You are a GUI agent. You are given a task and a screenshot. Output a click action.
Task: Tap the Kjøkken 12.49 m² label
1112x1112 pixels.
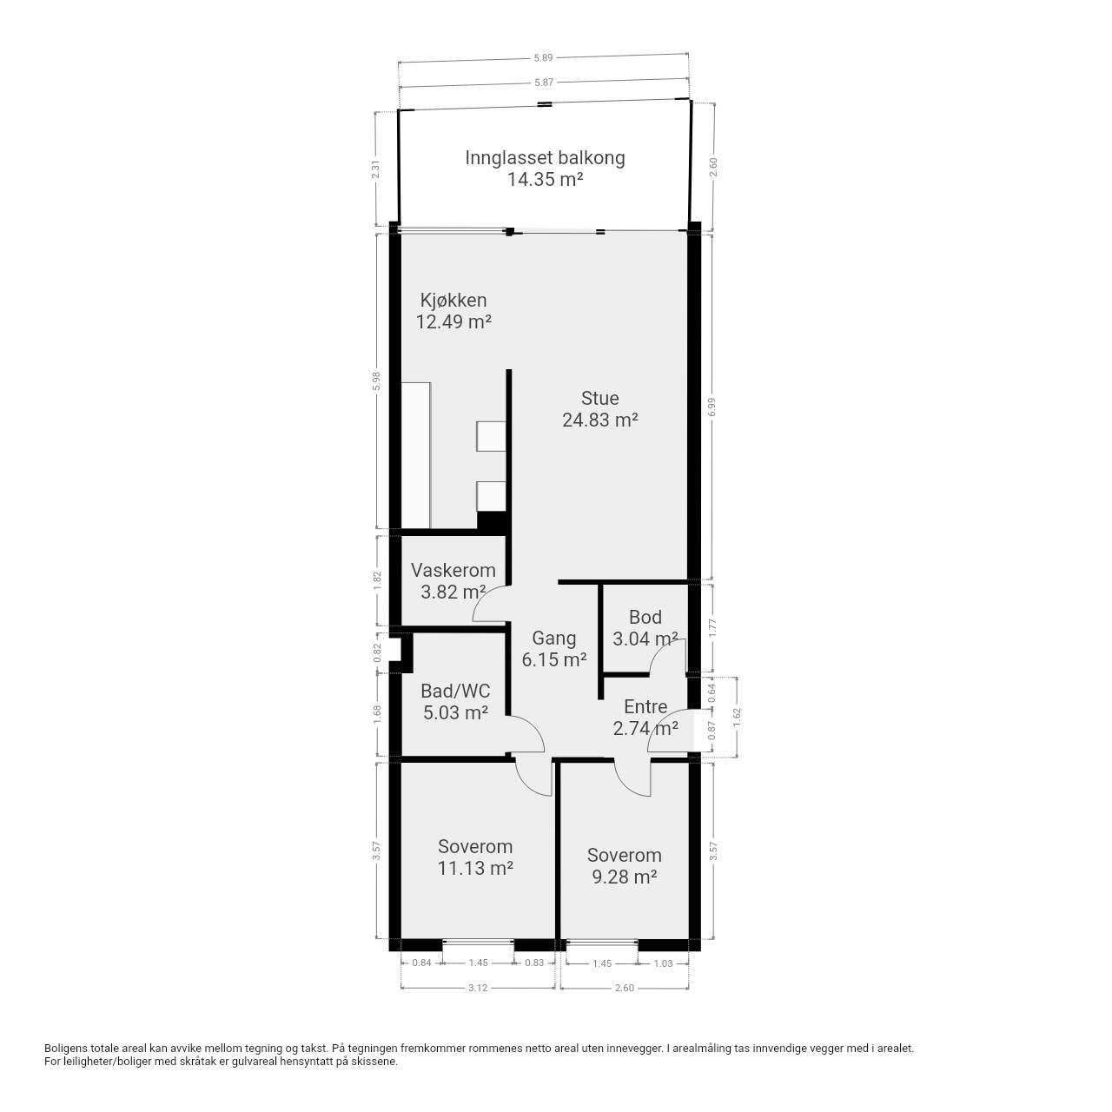pyautogui.click(x=453, y=310)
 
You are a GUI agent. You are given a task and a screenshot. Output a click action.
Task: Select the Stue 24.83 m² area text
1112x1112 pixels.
pyautogui.click(x=600, y=408)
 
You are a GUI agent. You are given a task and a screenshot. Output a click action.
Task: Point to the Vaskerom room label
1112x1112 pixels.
pyautogui.click(x=453, y=570)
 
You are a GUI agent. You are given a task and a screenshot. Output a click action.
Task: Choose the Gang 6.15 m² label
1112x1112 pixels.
pyautogui.click(x=554, y=648)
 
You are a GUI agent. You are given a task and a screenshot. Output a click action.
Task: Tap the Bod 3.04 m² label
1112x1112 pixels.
pyautogui.click(x=645, y=628)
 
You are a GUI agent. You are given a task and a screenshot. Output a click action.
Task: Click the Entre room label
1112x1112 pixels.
pyautogui.click(x=645, y=706)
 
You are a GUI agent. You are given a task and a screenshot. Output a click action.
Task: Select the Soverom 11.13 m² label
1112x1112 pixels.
pyautogui.click(x=475, y=857)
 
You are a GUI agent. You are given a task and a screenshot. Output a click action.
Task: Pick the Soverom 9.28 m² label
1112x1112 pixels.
pyautogui.click(x=625, y=865)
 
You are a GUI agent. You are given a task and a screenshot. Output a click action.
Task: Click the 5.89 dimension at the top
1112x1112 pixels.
pyautogui.click(x=543, y=57)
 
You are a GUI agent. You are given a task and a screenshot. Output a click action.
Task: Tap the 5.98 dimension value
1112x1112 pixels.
pyautogui.click(x=377, y=381)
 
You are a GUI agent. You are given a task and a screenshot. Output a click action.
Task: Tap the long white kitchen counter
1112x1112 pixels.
pyautogui.click(x=415, y=454)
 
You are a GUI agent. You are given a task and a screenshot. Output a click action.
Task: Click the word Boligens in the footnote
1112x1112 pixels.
pyautogui.click(x=66, y=1048)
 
